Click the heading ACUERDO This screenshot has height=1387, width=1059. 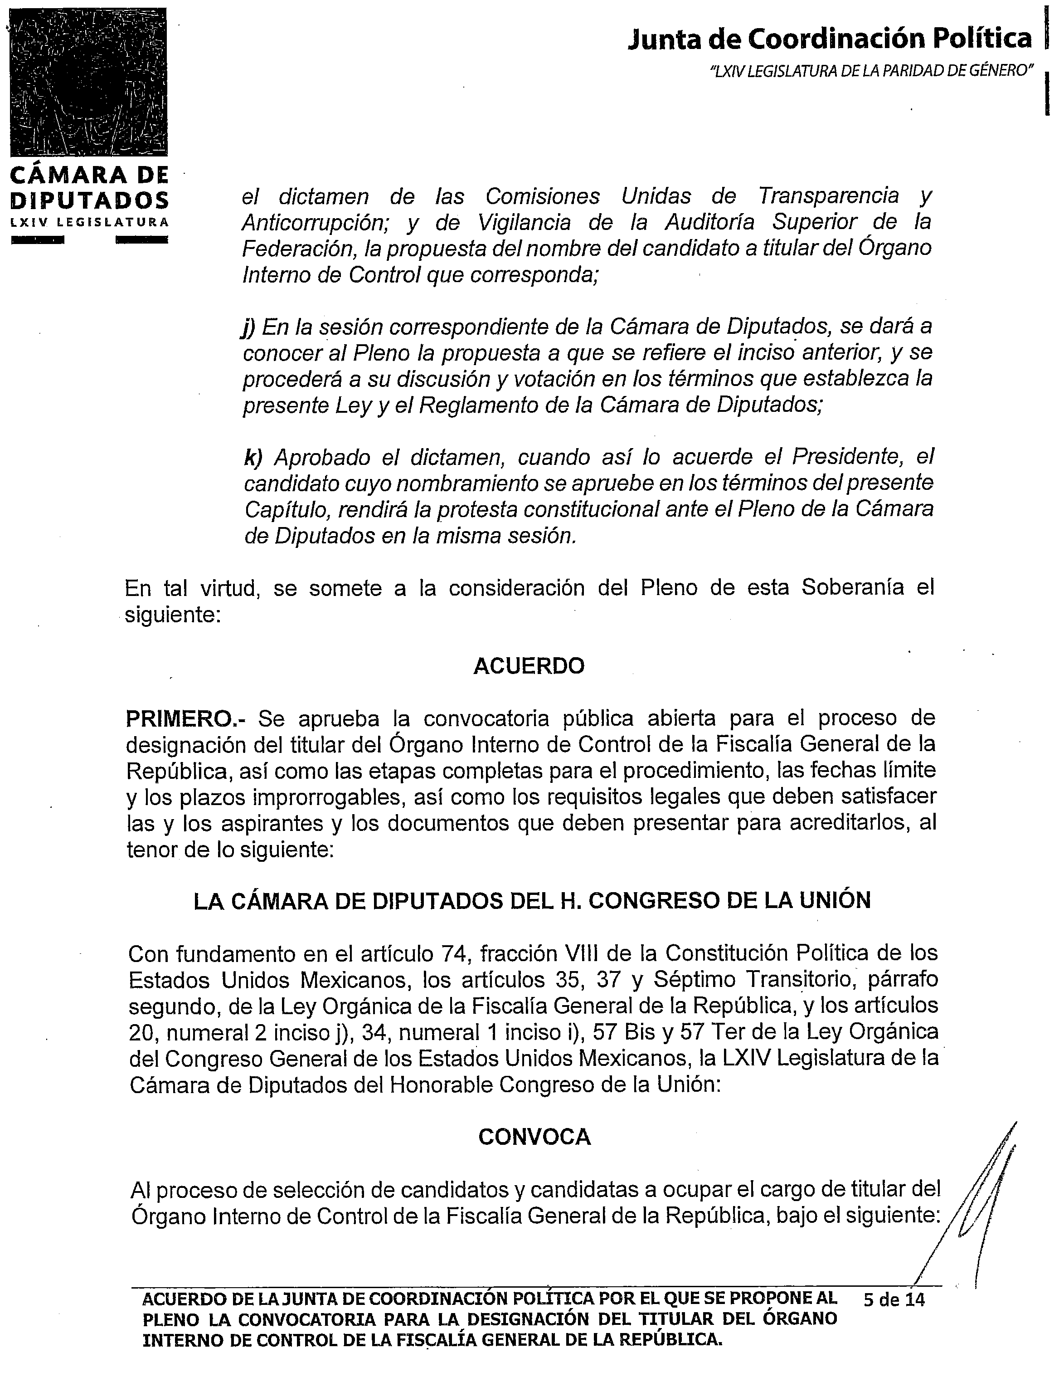click(529, 666)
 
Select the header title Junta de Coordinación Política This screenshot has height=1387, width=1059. click(830, 39)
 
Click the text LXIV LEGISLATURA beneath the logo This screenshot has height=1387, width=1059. click(89, 222)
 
